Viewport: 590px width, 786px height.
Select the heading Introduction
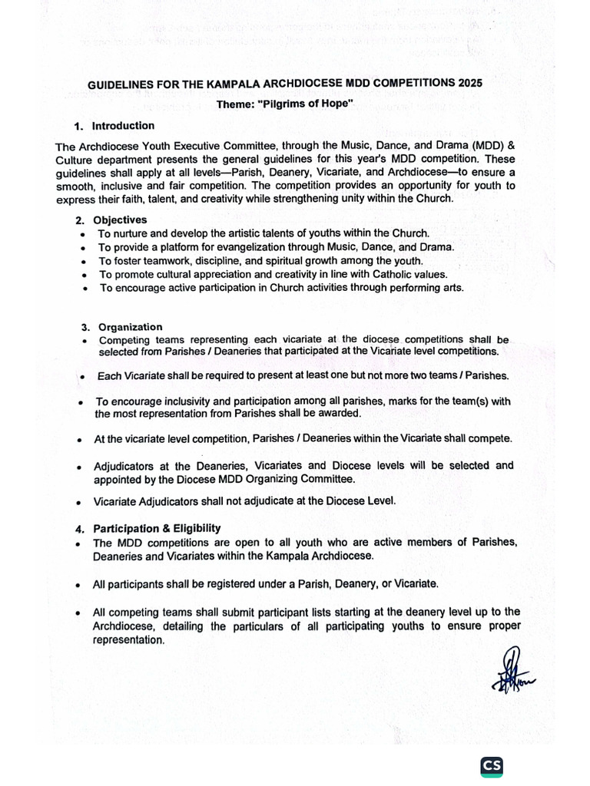coord(123,126)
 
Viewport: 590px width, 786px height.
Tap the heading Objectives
coord(120,220)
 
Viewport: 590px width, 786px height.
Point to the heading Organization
coord(128,327)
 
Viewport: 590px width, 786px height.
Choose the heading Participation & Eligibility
coord(157,528)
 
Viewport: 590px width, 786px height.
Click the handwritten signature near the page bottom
coord(512,670)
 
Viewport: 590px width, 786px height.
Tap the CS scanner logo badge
coord(492,766)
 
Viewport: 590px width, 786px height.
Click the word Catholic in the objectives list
coord(389,274)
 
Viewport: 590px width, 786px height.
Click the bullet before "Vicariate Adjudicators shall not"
coord(80,503)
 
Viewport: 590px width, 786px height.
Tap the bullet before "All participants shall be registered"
coord(80,586)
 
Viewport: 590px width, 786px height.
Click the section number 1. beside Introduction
coord(78,127)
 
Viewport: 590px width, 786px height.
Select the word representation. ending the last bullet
coord(128,639)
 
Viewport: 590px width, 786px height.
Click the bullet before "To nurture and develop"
coord(83,233)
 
